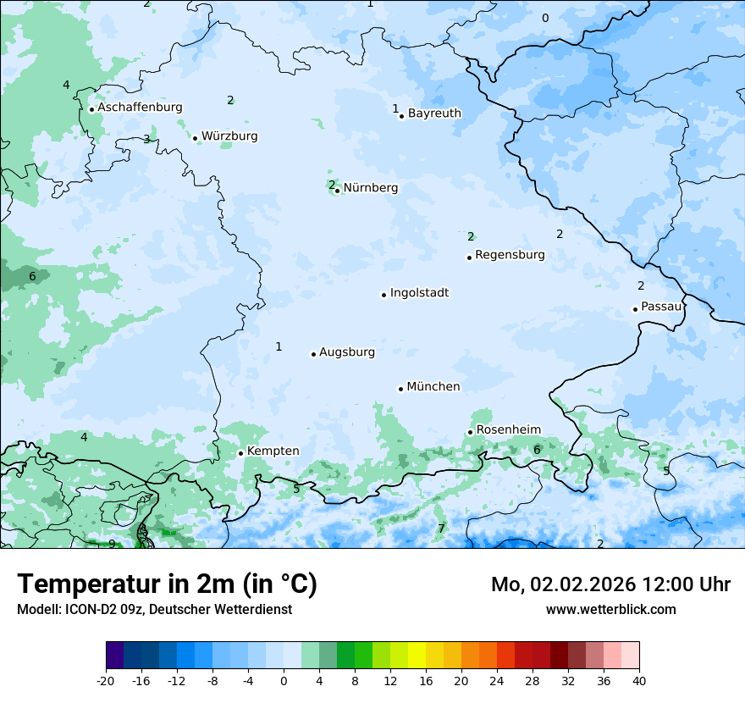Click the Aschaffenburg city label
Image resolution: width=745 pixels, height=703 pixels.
coord(140,108)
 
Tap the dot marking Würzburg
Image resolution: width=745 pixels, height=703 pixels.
coord(196,138)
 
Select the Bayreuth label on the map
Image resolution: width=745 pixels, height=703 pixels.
coord(434,113)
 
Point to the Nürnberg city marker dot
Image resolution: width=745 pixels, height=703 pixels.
coord(337,191)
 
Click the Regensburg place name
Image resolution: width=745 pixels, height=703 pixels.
coord(510,255)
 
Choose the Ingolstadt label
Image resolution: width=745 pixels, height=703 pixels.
coord(419,293)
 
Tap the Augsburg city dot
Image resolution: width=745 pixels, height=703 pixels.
coord(313,354)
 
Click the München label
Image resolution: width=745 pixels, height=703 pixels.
coord(433,387)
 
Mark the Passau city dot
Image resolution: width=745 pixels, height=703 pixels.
coord(635,309)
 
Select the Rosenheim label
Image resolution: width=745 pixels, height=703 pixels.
coord(508,430)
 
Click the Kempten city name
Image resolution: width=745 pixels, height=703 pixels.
coord(273,451)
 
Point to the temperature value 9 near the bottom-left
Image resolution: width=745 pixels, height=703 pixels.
coord(112,544)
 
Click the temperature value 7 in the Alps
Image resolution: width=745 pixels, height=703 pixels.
coord(441,529)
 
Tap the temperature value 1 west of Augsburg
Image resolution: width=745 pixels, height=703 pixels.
coord(279,346)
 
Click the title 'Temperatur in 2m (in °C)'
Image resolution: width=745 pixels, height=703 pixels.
coord(167,584)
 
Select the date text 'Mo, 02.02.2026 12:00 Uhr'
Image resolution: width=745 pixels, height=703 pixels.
coord(610,584)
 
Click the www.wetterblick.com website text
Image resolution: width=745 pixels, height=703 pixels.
coord(610,609)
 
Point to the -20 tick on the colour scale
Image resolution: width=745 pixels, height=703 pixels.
coord(106,681)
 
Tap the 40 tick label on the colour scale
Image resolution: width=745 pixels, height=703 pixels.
coord(639,681)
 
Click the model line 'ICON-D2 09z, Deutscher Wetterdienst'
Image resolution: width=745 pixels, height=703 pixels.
coord(154,609)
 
